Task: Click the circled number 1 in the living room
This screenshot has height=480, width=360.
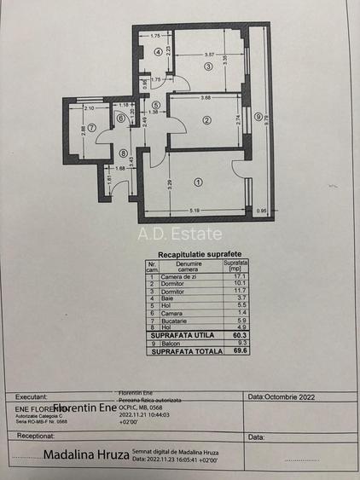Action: click(x=199, y=182)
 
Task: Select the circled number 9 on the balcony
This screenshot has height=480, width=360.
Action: click(x=257, y=117)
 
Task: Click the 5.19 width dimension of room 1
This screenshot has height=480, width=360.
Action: click(x=195, y=211)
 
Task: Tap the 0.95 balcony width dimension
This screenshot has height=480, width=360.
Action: click(x=262, y=211)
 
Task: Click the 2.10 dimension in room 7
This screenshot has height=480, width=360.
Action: click(x=89, y=109)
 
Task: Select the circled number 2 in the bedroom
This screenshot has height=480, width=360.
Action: click(x=206, y=120)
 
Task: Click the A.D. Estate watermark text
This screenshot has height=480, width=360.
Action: click(x=180, y=234)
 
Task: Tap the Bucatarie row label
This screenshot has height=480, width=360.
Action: click(x=174, y=320)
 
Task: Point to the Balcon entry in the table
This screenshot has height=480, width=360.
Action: click(x=171, y=343)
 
